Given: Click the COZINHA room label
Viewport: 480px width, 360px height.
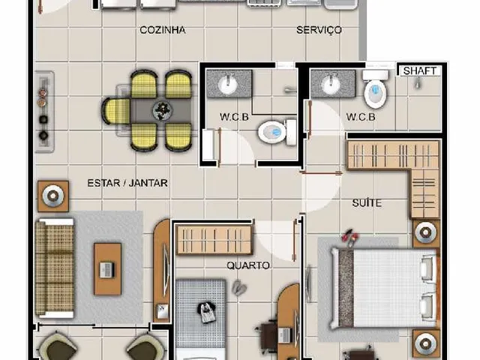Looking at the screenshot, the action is (x=163, y=30).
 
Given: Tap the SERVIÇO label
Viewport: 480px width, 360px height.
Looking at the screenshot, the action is (x=319, y=30).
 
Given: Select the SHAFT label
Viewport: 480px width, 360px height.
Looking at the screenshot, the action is (x=419, y=71).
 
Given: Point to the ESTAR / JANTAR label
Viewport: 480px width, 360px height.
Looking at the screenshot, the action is (x=127, y=183).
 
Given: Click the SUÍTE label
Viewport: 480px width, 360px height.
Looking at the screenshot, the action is (x=367, y=202).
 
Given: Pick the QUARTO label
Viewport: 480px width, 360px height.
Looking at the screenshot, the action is (x=248, y=265).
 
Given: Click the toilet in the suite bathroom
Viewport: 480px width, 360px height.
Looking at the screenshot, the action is (x=376, y=89).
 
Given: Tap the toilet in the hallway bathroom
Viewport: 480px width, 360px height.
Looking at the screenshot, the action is (x=277, y=132).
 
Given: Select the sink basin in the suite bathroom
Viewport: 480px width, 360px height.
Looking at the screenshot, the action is (x=330, y=83).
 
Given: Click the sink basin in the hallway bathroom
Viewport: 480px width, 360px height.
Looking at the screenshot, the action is (x=227, y=83).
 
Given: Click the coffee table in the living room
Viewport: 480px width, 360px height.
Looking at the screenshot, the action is (x=107, y=269).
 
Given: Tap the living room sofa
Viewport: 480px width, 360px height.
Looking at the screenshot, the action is (x=55, y=268).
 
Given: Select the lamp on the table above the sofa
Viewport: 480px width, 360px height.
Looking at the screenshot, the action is (x=53, y=196).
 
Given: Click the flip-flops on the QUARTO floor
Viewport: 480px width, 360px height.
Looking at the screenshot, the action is (x=239, y=287).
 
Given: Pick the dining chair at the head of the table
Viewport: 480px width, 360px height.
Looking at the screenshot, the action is (x=116, y=111).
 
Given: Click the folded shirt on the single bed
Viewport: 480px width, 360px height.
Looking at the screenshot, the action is (x=206, y=312).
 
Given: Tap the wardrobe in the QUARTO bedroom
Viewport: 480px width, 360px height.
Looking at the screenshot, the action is (x=214, y=240).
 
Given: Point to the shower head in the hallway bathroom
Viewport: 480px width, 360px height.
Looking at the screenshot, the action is (x=289, y=90).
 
